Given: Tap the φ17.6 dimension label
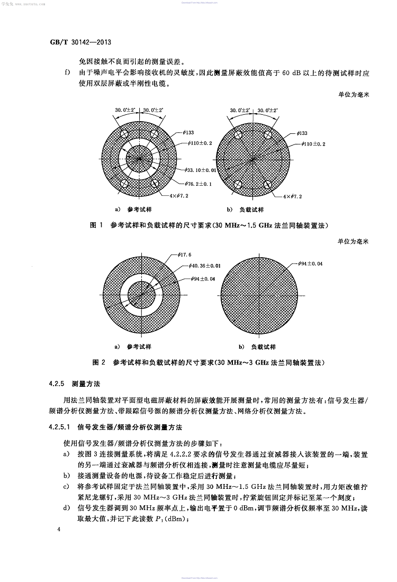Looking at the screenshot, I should coord(186,254).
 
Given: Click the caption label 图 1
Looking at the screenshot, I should coord(96,225).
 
